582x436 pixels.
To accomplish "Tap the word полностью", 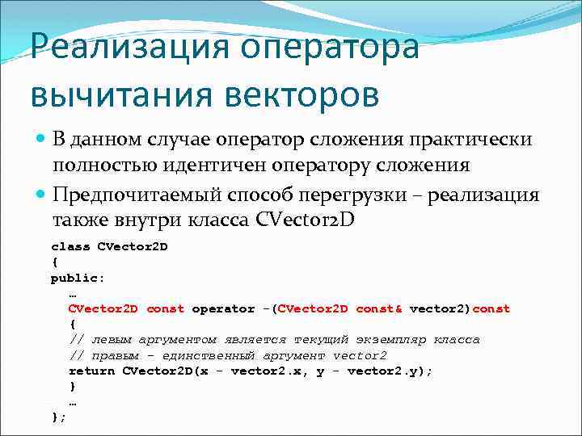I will (x=102, y=166).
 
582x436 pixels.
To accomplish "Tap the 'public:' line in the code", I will (x=78, y=278).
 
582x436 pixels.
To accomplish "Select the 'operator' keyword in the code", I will (x=222, y=308).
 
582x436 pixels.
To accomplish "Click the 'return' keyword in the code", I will (x=91, y=371).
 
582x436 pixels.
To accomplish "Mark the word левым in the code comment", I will (x=109, y=340).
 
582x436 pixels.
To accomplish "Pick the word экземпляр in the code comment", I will (x=392, y=340).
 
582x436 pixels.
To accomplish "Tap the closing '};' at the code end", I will (x=58, y=417).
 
